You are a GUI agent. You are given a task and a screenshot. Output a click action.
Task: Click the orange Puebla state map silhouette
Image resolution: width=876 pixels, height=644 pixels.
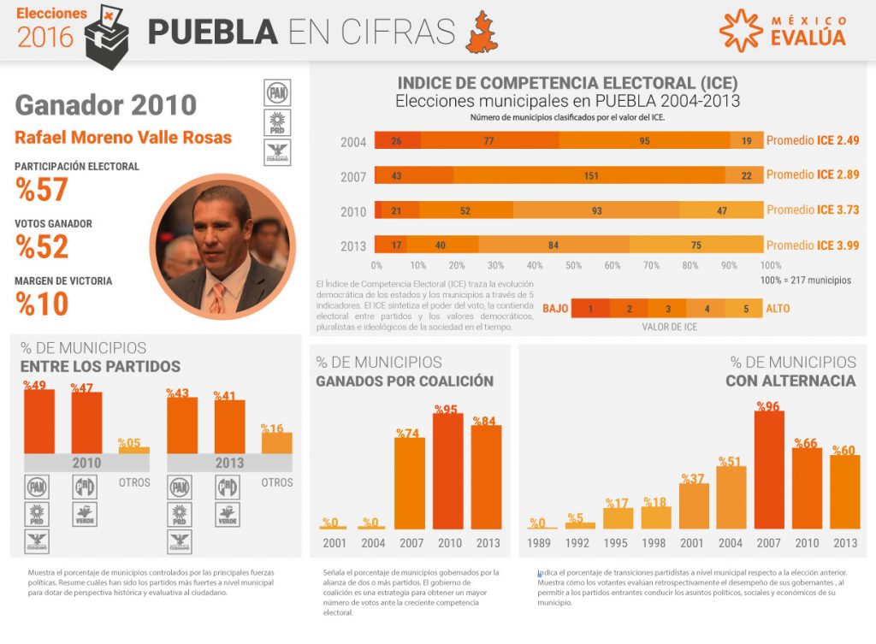482,32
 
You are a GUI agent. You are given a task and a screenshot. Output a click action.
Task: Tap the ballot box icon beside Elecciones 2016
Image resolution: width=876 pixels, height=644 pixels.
107,32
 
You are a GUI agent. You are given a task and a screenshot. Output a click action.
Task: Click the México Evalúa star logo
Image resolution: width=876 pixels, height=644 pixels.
740,30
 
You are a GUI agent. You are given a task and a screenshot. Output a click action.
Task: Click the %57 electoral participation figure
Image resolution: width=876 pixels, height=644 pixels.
42,190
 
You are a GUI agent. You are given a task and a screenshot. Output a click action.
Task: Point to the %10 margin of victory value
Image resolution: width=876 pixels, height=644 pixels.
42,304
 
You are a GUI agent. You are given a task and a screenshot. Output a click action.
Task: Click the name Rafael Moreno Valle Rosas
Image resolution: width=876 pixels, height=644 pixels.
123,137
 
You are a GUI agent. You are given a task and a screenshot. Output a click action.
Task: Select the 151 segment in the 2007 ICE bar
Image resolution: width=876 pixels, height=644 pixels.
589,175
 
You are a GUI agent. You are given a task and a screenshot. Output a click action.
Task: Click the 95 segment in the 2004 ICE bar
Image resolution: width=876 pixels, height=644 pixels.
644,140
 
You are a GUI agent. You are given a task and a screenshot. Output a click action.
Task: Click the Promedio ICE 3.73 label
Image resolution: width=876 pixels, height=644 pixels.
813,210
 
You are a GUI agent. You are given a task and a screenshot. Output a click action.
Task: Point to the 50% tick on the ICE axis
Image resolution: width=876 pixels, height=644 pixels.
573,265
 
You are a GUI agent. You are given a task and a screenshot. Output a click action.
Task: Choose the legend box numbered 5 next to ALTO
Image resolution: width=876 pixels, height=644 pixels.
745,309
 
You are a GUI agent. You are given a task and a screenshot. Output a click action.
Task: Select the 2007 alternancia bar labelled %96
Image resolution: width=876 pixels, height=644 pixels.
769,469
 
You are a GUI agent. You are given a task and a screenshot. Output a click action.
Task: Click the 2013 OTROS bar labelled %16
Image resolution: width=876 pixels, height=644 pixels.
276,442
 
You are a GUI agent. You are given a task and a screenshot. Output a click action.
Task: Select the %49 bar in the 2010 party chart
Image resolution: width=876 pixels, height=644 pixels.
38,421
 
